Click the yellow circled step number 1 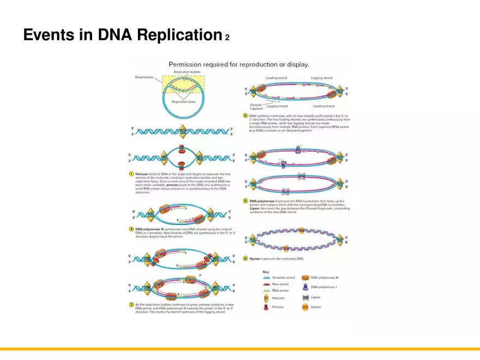click(x=131, y=173)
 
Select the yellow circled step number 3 click(x=131, y=304)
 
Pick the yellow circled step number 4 click(x=245, y=116)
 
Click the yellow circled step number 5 click(x=245, y=201)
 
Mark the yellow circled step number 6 click(x=245, y=258)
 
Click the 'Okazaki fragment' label click(x=256, y=106)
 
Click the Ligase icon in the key click(x=305, y=297)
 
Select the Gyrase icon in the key click(x=305, y=307)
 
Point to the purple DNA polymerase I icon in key click(x=305, y=286)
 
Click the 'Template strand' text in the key click(x=283, y=278)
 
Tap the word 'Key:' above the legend click(x=266, y=271)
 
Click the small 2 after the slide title click(x=227, y=38)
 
